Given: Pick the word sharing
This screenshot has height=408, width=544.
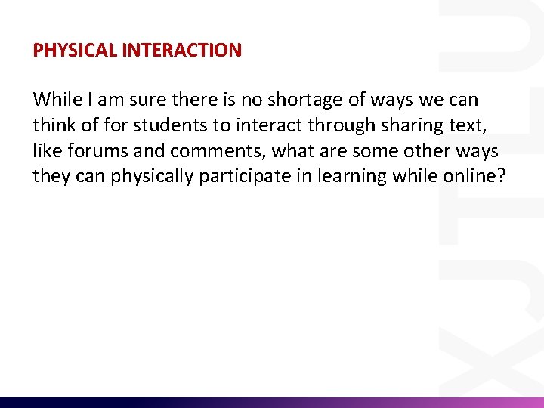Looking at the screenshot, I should coord(409,125).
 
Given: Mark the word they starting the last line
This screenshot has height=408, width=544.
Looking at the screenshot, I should coord(51,177).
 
